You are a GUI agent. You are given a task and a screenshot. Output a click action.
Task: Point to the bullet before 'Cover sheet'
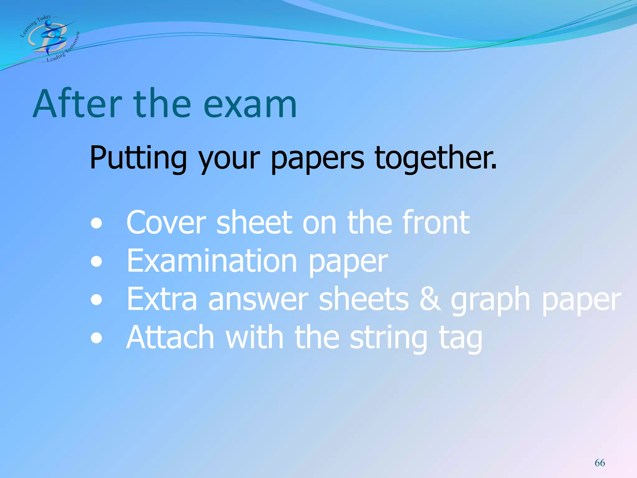(96, 223)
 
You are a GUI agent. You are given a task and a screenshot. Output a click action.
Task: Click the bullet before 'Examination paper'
(96, 261)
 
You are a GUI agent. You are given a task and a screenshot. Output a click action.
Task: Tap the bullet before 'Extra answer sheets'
(96, 300)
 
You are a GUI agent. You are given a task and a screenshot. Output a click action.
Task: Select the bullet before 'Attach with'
(96, 338)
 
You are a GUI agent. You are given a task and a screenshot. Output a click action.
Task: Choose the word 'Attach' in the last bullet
(170, 337)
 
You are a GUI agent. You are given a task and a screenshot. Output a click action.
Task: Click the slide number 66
(600, 463)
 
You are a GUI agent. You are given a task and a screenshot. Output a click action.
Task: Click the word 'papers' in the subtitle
(317, 159)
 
